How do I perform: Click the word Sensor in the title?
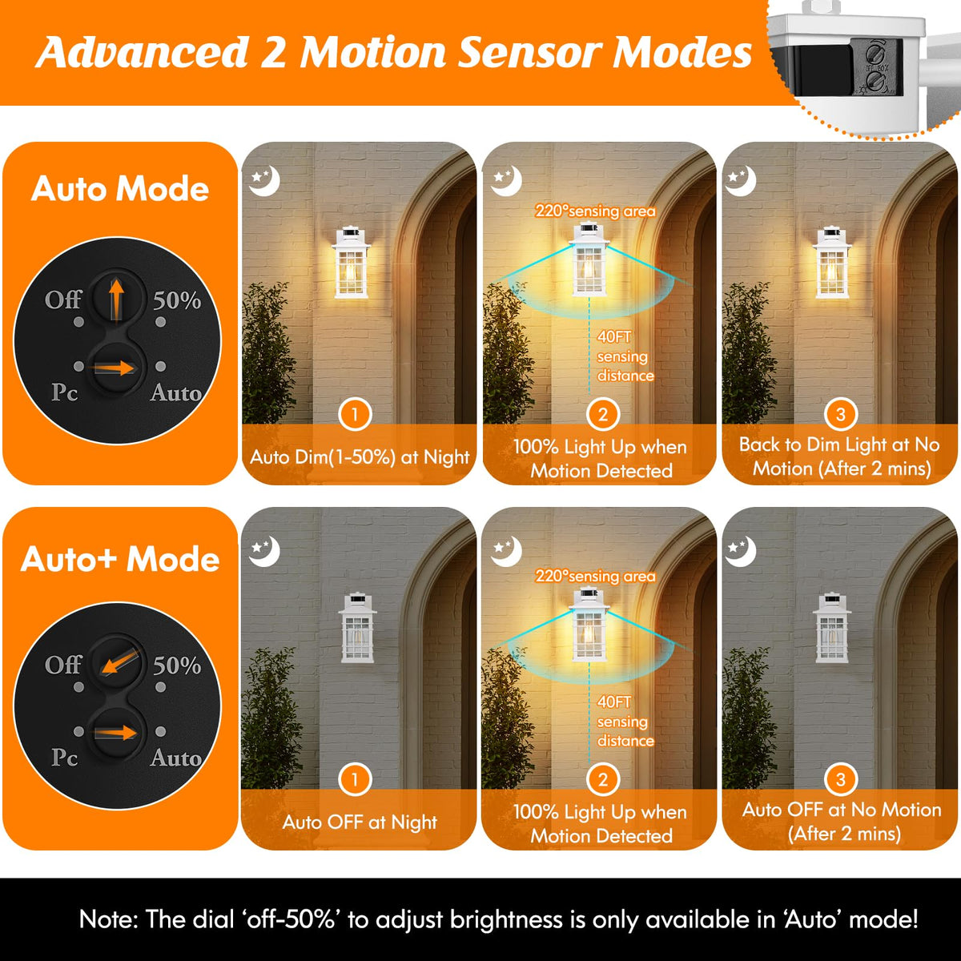tap(529, 53)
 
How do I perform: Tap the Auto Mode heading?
tap(120, 189)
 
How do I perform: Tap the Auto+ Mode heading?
tap(120, 559)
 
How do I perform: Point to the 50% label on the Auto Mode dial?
tap(177, 300)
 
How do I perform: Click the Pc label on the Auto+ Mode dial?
tap(64, 757)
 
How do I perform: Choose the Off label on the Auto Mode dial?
tap(62, 300)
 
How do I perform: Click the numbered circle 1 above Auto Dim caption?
tap(355, 414)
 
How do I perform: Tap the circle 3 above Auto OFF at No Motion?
tap(840, 778)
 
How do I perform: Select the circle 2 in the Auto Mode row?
tap(602, 414)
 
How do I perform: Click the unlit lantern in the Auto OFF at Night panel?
tap(356, 629)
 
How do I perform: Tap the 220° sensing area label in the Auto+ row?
tap(595, 576)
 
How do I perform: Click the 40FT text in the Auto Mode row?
tap(613, 337)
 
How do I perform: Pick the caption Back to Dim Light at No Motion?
tap(840, 456)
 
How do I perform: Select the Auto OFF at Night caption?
tap(360, 822)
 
